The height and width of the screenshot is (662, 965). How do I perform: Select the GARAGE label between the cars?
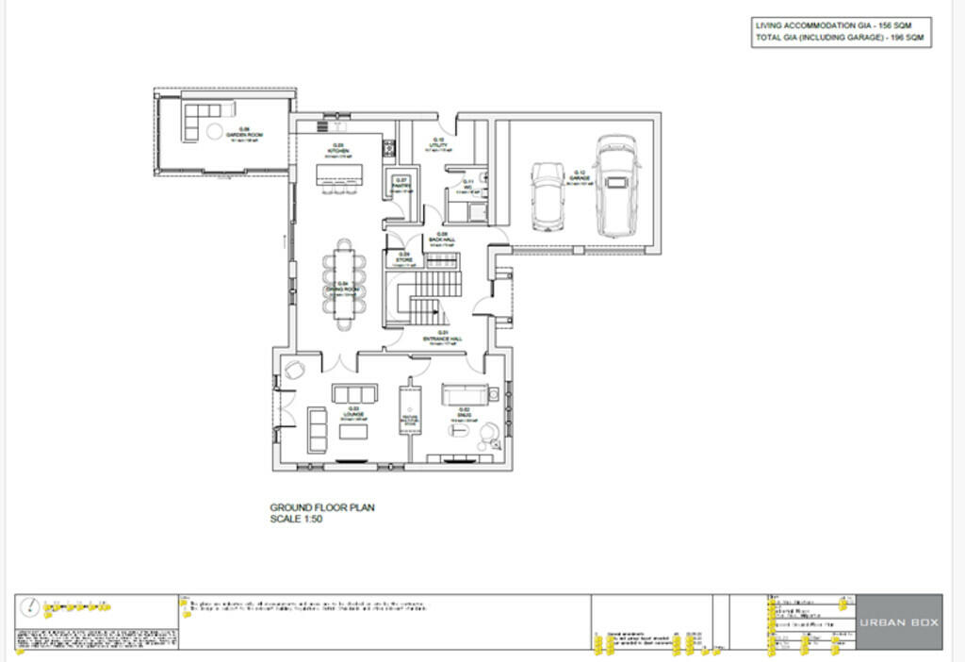pyautogui.click(x=580, y=176)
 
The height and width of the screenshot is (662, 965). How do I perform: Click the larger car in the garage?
pyautogui.click(x=616, y=185)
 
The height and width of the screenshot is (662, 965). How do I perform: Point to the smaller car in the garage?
pyautogui.click(x=547, y=195)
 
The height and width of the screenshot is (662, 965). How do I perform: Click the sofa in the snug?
pyautogui.click(x=463, y=394)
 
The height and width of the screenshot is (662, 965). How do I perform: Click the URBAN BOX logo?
pyautogui.click(x=899, y=622)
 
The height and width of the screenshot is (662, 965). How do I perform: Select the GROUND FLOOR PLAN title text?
pyautogui.click(x=322, y=507)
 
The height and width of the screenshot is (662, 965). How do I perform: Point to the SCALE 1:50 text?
pyautogui.click(x=297, y=519)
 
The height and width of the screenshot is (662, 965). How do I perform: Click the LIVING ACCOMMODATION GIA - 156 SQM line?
pyautogui.click(x=842, y=25)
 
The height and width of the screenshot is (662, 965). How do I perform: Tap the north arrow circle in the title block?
pyautogui.click(x=31, y=608)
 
